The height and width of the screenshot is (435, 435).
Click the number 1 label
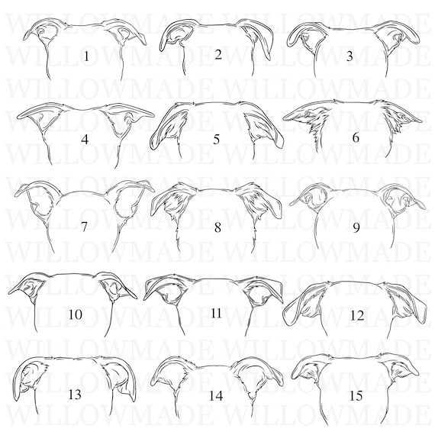coord(86,56)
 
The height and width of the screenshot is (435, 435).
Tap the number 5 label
coord(218,53)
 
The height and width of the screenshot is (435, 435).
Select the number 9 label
coord(350,56)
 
